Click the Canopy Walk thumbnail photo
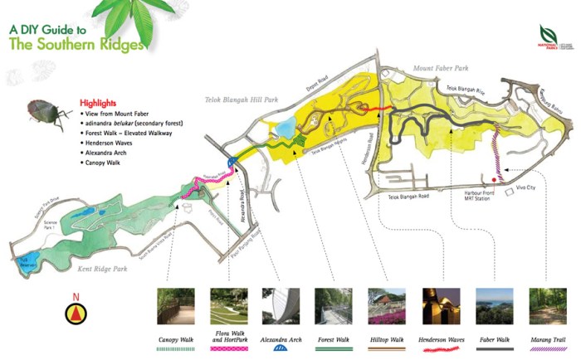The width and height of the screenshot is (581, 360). (x=176, y=306)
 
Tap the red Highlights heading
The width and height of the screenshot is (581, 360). (x=98, y=103)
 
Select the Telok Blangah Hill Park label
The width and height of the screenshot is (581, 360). (x=241, y=100)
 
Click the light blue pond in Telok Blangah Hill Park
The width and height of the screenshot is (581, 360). (x=285, y=128)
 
